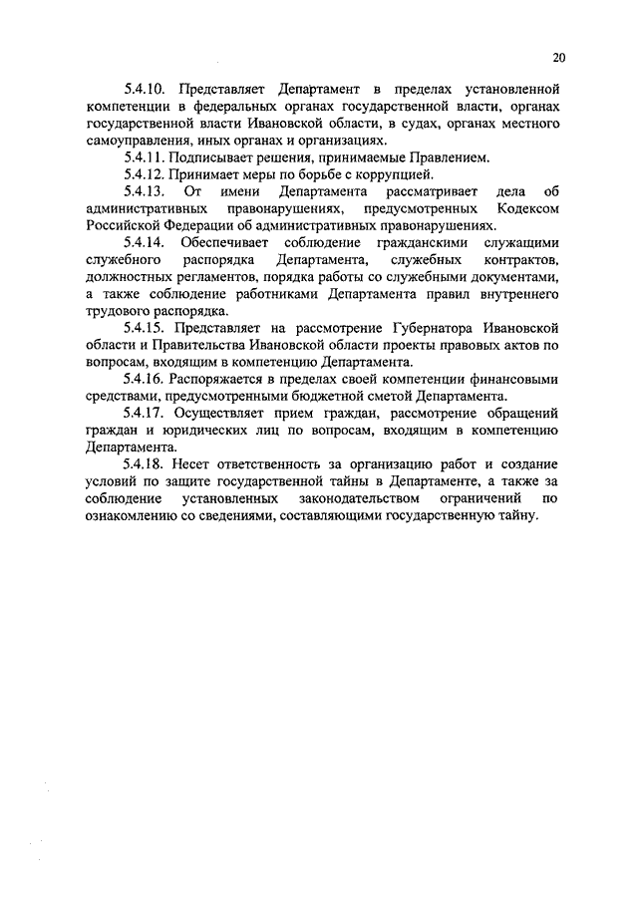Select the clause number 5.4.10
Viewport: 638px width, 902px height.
[x=147, y=89]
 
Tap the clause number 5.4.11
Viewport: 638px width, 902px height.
[x=147, y=157]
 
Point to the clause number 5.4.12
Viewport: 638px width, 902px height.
[x=147, y=174]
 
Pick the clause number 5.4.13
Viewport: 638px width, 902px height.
[x=147, y=191]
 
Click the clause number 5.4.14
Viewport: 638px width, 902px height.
[x=147, y=243]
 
